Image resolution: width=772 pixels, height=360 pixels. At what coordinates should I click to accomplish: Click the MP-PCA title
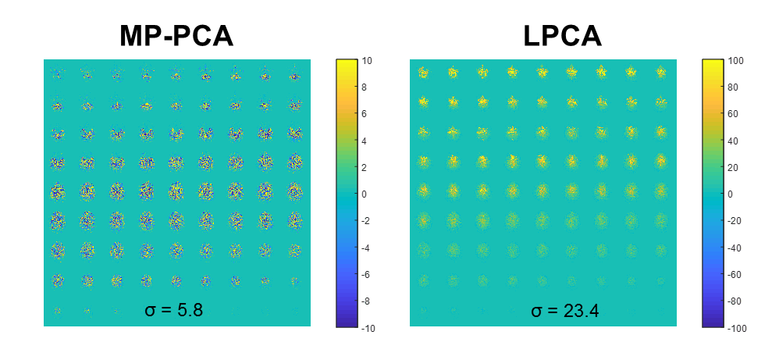click(x=176, y=35)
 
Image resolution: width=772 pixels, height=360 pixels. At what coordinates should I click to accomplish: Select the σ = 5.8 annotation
click(x=174, y=310)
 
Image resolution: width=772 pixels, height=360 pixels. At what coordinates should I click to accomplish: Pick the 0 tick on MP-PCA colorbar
click(x=367, y=194)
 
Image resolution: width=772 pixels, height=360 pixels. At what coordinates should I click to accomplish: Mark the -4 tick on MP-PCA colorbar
click(x=368, y=248)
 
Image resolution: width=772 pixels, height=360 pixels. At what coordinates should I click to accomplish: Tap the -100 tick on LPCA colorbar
click(x=738, y=328)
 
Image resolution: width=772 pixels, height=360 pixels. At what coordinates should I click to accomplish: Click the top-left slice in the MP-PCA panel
click(x=57, y=75)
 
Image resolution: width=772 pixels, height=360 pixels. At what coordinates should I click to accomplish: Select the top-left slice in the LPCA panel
click(x=424, y=73)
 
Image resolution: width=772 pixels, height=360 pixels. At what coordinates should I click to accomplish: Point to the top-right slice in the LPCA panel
click(x=662, y=73)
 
